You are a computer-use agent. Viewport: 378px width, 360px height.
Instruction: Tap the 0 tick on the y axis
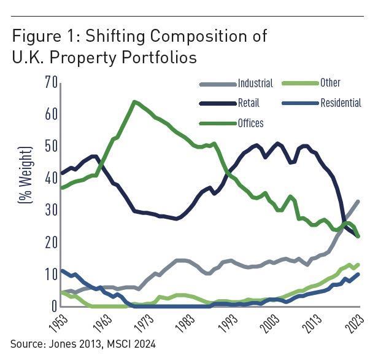click(53, 307)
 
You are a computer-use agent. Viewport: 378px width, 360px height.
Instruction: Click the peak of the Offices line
click(134, 101)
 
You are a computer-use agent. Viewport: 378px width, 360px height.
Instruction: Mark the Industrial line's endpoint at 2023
click(358, 202)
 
